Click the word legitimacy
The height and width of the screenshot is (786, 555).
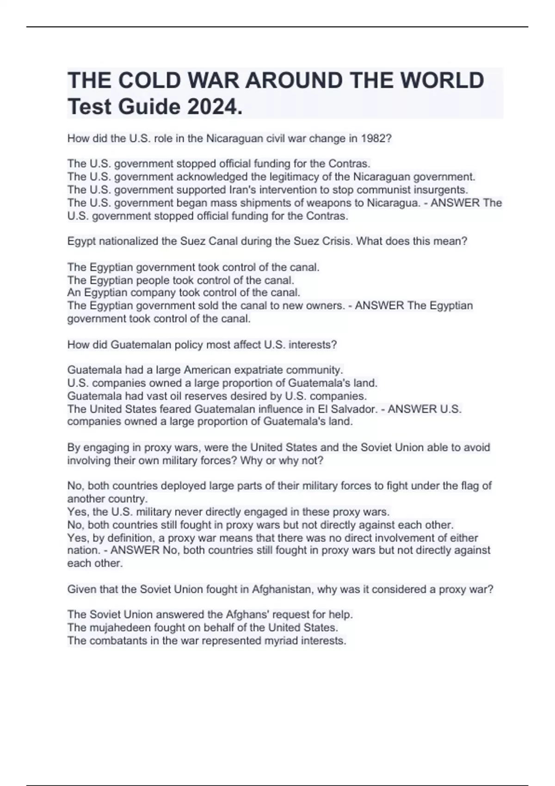tap(295, 177)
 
